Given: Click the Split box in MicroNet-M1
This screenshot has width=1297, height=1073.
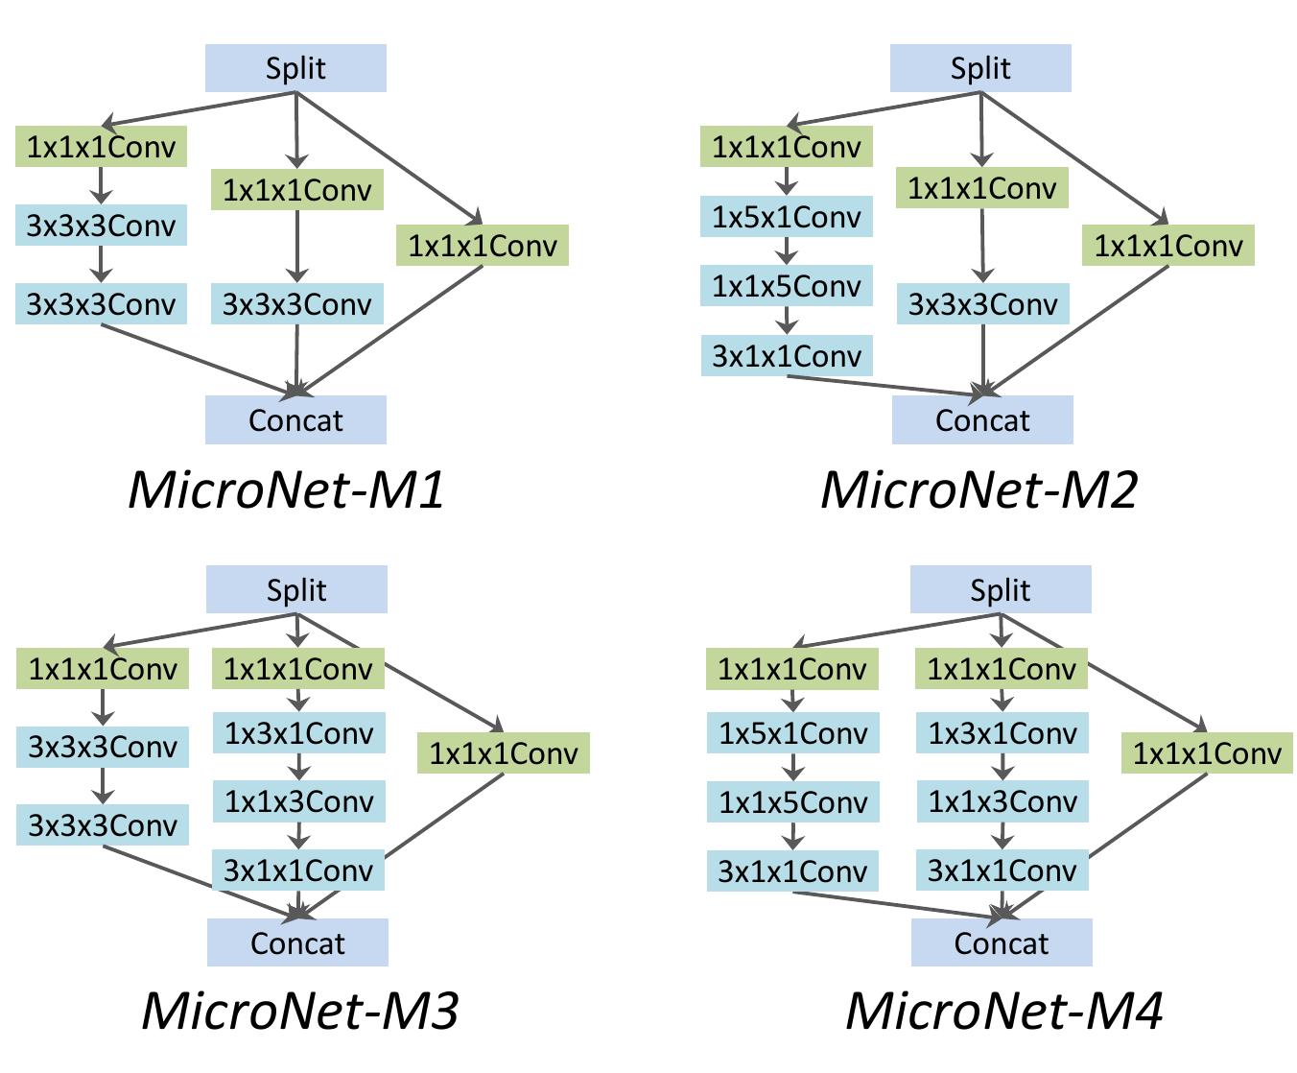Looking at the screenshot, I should coord(295,68).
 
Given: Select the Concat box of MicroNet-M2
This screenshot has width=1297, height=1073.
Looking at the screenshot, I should coord(982,420).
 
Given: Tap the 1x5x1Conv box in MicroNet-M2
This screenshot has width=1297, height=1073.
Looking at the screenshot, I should coord(787,218).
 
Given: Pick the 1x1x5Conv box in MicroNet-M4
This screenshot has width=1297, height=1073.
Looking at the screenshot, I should coord(793,802).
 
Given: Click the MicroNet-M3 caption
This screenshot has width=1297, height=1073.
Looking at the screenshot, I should coord(300,1010).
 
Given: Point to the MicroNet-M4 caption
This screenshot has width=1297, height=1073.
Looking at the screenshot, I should coord(1004,1010).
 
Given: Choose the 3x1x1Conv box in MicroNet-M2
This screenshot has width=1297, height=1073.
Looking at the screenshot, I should coord(787,356).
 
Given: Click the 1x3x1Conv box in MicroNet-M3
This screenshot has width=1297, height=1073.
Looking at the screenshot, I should coord(298,733).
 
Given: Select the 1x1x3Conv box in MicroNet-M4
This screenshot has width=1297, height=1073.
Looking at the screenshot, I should coord(1002,801).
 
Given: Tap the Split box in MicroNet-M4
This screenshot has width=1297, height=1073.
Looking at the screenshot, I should coord(1001,589).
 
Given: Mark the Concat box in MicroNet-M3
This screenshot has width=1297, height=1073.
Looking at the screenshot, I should coord(297,942).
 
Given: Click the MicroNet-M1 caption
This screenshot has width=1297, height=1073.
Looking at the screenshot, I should coord(287,489).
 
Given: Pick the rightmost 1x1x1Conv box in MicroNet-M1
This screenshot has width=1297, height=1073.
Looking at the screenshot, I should coord(483,246).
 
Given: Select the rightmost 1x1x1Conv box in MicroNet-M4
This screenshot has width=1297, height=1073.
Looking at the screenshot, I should coord(1207,753).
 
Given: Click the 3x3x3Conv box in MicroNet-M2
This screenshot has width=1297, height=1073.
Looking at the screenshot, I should coord(982,304).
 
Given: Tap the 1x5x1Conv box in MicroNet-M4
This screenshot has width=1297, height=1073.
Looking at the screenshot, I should coord(793,733).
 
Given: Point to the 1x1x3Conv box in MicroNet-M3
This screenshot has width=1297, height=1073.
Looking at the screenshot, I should coord(298,801).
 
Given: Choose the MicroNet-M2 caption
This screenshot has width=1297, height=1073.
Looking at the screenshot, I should coord(979,489).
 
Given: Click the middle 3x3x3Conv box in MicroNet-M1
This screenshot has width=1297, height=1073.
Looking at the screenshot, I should coord(296,304).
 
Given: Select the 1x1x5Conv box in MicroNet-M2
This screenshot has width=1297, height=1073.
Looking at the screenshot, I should coord(787,286).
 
